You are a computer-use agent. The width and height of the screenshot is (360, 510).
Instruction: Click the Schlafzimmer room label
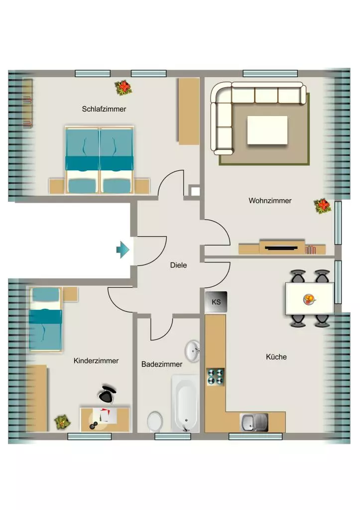104,109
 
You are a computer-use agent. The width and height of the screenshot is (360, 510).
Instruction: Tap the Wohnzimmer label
270,201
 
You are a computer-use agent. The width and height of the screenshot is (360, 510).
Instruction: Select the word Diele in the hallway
179,265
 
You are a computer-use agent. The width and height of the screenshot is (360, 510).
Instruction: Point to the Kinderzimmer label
96,361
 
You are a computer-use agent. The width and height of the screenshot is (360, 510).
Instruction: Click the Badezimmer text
162,364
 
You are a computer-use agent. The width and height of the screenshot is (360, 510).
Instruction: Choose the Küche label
276,357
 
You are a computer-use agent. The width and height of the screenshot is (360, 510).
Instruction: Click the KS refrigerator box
216,302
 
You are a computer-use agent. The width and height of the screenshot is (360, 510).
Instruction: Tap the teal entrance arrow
123,250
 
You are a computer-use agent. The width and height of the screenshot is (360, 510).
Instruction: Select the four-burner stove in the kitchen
215,377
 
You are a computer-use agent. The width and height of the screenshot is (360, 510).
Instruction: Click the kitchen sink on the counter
254,422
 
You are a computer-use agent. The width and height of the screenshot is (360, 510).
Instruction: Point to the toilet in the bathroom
155,421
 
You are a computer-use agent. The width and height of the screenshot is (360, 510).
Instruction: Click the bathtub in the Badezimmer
185,403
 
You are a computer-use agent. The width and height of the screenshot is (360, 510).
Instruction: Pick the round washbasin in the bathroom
193,351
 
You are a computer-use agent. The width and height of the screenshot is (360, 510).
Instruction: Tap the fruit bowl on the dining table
309,299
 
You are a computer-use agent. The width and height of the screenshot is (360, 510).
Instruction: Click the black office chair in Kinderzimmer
107,393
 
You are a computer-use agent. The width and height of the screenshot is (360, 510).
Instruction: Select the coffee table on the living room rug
267,130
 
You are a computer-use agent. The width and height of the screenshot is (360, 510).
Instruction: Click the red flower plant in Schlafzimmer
123,88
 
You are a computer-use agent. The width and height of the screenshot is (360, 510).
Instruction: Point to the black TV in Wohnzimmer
281,248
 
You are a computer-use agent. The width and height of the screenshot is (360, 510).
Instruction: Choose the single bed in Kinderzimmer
45,319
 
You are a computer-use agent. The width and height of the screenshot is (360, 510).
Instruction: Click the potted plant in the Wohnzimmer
322,206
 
